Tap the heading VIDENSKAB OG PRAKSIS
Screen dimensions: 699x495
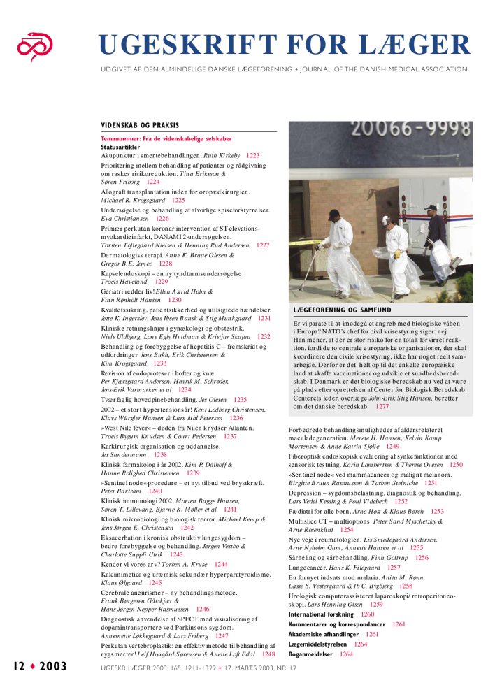pyautogui.click(x=140, y=126)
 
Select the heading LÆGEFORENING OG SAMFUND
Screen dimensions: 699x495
pyautogui.click(x=342, y=310)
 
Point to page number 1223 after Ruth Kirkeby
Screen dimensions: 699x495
pyautogui.click(x=252, y=156)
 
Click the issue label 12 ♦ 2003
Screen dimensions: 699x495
pyautogui.click(x=41, y=666)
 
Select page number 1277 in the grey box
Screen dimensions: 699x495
pyautogui.click(x=401, y=406)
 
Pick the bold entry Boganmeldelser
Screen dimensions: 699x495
pyautogui.click(x=311, y=654)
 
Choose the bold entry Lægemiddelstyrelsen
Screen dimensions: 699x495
pyautogui.click(x=318, y=644)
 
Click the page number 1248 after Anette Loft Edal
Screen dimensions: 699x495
pyautogui.click(x=268, y=655)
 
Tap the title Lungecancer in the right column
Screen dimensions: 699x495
pyautogui.click(x=310, y=568)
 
